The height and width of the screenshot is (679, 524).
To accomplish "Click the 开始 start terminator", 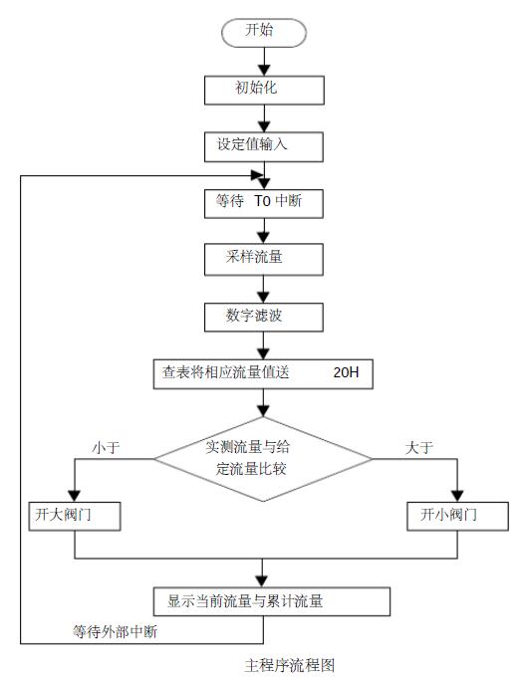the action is [264, 33].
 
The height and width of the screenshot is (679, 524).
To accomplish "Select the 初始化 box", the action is [264, 90].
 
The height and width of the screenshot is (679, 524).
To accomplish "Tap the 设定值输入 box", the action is [264, 147].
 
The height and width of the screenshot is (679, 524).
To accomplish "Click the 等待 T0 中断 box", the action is [264, 203].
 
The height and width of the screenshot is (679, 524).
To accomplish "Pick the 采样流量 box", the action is [264, 260].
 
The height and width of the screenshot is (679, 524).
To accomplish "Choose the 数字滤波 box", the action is [264, 318].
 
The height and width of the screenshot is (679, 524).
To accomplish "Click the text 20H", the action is [346, 372].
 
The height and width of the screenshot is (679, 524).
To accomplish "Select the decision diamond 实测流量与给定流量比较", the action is [263, 459].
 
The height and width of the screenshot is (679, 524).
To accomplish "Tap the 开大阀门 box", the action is [75, 516].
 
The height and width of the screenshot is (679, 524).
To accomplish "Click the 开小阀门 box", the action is [457, 516].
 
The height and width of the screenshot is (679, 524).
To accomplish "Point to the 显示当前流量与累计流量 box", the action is [272, 601].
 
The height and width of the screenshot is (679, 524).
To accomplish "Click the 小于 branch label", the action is [106, 447].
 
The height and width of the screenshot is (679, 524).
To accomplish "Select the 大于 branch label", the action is [419, 447].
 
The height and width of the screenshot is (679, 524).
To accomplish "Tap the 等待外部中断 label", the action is [115, 632].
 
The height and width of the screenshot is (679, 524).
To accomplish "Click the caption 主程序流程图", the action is [290, 665].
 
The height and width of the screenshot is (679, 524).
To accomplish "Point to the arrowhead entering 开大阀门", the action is [74, 496].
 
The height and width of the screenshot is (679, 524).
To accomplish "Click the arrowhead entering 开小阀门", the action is [457, 496].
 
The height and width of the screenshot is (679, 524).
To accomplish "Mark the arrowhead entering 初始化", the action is [264, 70].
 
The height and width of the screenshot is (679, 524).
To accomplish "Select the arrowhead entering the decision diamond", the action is [263, 410].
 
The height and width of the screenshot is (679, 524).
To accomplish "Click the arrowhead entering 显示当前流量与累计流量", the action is [262, 581].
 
